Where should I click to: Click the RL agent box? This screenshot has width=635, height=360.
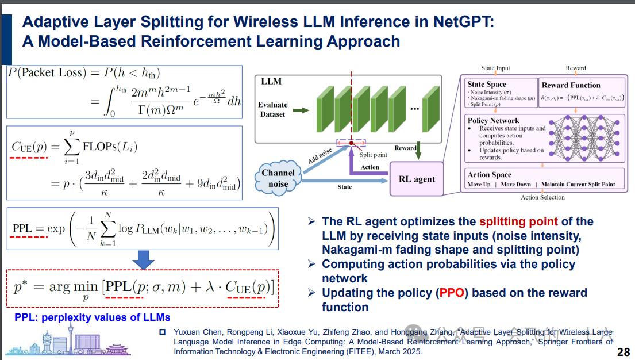click(x=417, y=179)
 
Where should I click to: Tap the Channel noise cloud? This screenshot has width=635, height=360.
click(x=279, y=178)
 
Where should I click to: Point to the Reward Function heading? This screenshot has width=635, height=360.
click(x=571, y=85)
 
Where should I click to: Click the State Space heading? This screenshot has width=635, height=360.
click(x=487, y=85)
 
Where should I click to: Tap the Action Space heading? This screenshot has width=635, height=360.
click(x=490, y=175)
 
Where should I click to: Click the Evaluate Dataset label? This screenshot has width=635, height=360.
click(x=272, y=109)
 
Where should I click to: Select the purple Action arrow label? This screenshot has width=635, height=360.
click(x=370, y=167)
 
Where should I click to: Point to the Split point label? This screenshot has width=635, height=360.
click(x=373, y=155)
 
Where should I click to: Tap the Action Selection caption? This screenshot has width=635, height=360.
click(x=542, y=197)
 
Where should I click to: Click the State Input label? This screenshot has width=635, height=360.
click(x=495, y=68)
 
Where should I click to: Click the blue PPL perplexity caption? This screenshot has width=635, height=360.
click(x=92, y=317)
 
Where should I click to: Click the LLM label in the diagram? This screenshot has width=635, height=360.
click(x=271, y=81)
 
